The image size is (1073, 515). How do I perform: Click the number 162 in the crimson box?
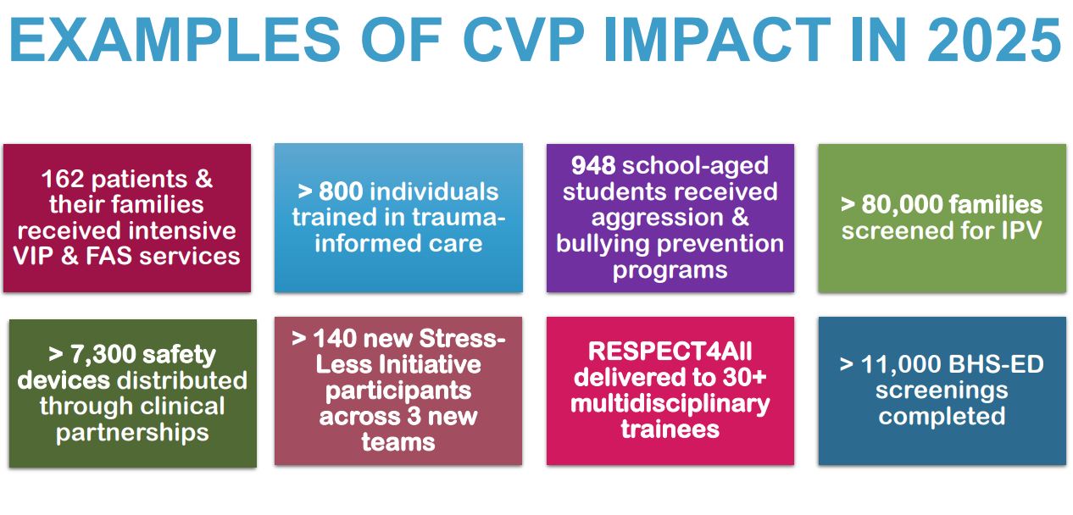pos(66,179)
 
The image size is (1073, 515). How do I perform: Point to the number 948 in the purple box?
pos(593,165)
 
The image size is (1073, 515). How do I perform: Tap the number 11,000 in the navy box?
pos(909,365)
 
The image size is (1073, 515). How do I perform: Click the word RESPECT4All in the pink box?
pos(670,351)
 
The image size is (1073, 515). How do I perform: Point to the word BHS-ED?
pos(1004,365)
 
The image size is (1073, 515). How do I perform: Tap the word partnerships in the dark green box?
pos(132,433)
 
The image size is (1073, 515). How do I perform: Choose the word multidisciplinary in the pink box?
pos(670,403)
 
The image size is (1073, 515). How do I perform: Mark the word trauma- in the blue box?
pos(458,218)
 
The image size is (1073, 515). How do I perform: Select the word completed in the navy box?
pos(942,417)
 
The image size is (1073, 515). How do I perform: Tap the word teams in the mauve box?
pos(398,442)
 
